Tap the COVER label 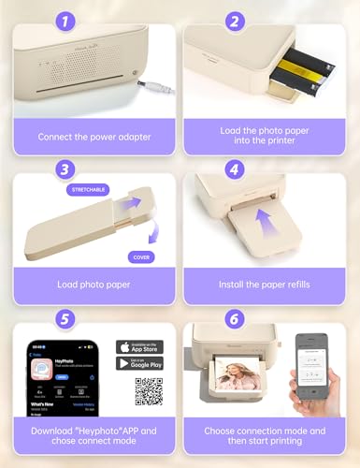coord(142,256)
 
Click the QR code coord(149,392)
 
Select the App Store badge coord(139,347)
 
